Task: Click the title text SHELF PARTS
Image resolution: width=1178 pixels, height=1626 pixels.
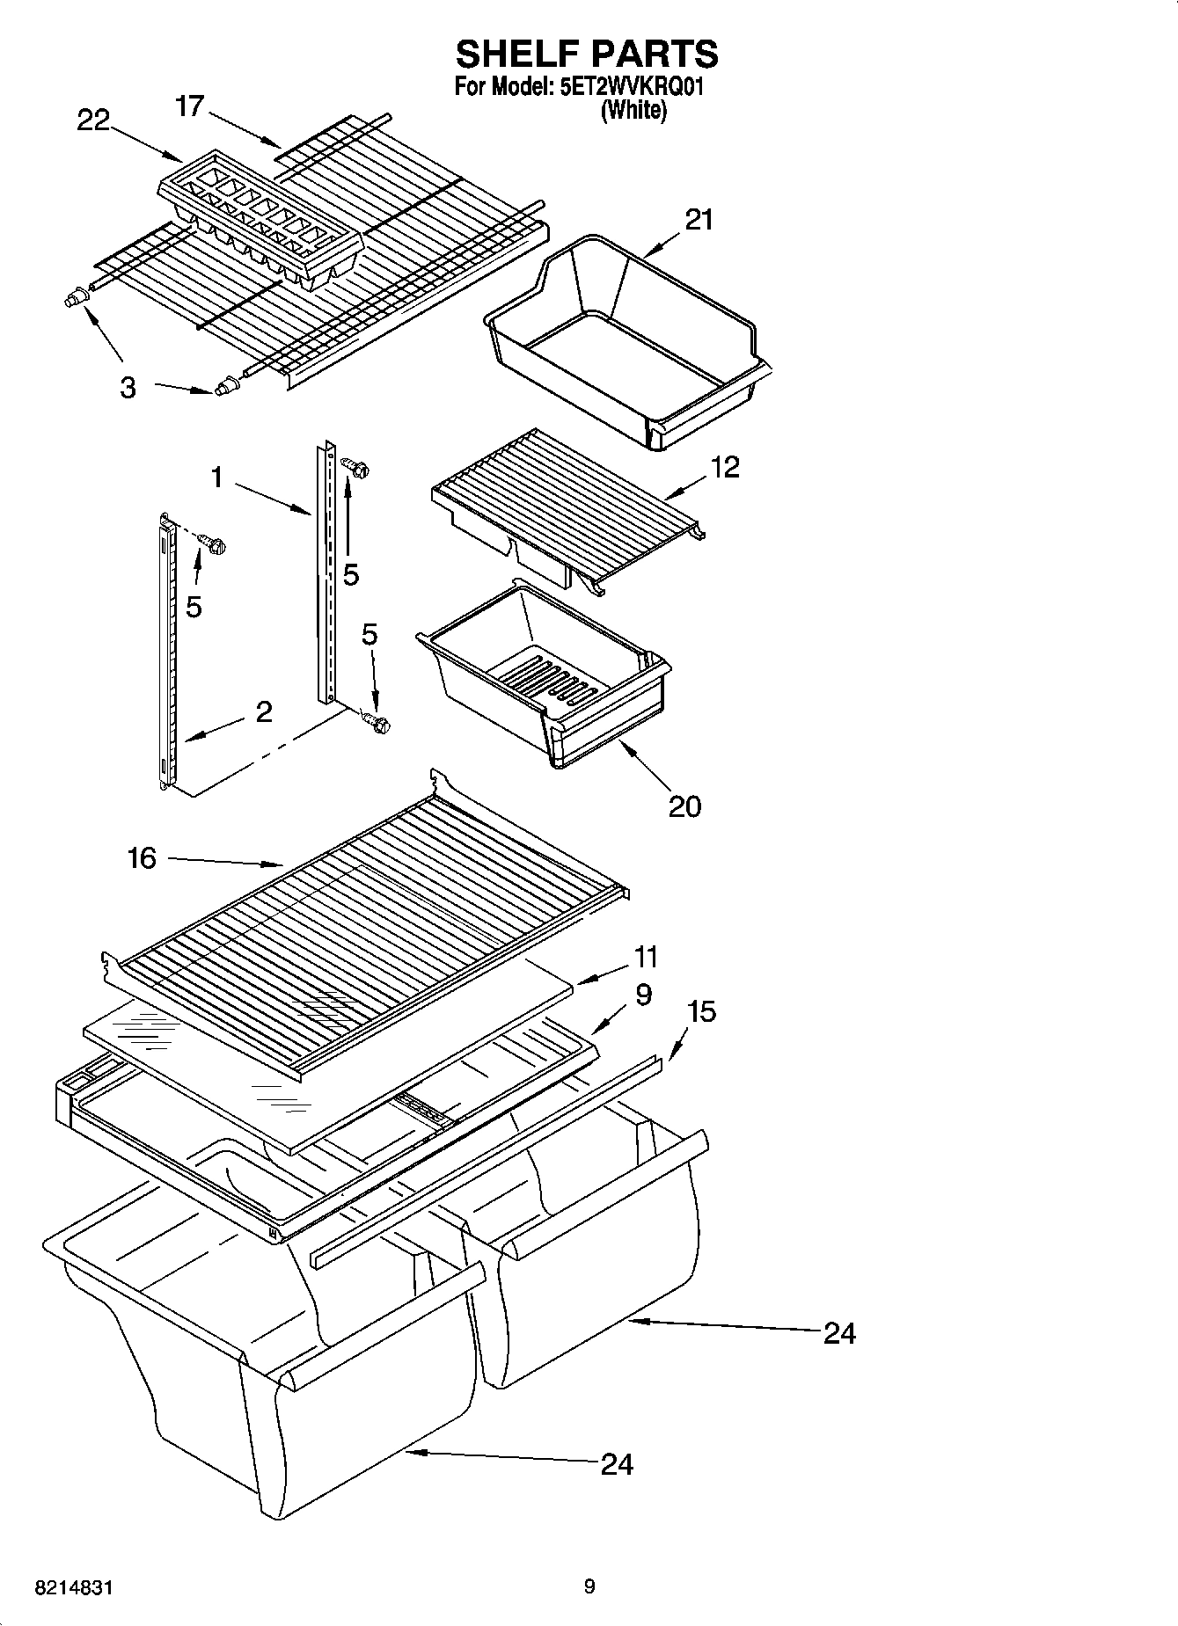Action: pos(587,55)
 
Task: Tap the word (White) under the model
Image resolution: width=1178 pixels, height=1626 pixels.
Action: pos(633,111)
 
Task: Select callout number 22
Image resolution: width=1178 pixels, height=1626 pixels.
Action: pos(93,120)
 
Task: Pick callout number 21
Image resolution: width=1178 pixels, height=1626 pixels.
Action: pos(699,219)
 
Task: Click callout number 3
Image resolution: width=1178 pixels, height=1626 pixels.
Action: pos(128,387)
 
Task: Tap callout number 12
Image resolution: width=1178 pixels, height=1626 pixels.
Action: pos(725,466)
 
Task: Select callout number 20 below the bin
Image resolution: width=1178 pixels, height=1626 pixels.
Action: pos(684,806)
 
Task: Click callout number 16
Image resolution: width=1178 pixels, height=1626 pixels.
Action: pos(142,857)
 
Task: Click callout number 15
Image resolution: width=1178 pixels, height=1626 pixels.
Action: pos(701,1011)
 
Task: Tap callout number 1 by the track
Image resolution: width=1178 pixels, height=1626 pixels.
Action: pos(216,478)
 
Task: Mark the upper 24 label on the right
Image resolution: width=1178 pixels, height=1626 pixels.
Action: pos(839,1333)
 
